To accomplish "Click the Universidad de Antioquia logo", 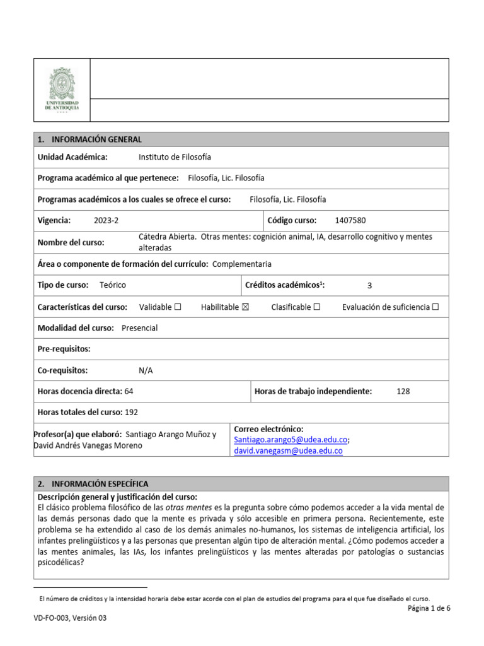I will click(x=62, y=90).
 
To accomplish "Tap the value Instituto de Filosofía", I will click(x=175, y=157).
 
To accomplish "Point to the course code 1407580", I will click(x=350, y=221).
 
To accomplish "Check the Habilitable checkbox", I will click(x=246, y=307).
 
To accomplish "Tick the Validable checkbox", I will click(x=178, y=307).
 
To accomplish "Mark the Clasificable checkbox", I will click(x=317, y=307).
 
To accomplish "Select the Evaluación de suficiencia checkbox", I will click(x=435, y=307).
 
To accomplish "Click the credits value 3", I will click(x=370, y=285).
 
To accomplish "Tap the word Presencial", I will click(x=139, y=328).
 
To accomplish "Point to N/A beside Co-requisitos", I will click(x=146, y=371).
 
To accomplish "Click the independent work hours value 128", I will click(x=403, y=392).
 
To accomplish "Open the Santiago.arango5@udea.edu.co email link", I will click(x=291, y=440).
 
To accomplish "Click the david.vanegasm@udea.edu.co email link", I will click(x=288, y=451).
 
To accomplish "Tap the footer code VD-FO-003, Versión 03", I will click(x=71, y=619).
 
